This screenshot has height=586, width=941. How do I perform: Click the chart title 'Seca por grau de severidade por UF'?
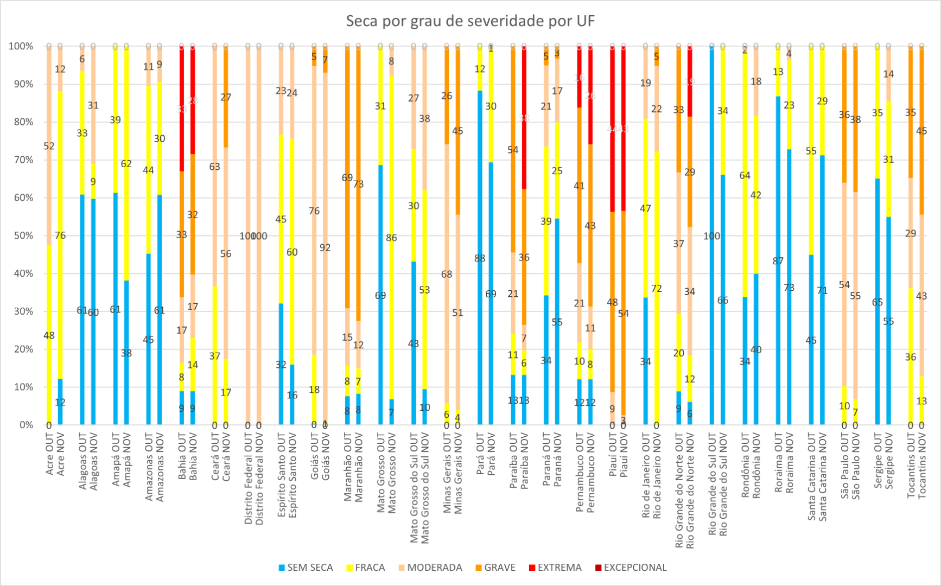[470, 21]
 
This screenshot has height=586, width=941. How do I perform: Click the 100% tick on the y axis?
[21, 46]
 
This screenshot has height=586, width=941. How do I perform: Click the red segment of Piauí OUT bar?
[613, 109]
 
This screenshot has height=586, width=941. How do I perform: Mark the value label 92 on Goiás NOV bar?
[325, 247]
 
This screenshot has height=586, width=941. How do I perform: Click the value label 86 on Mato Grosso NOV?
[391, 238]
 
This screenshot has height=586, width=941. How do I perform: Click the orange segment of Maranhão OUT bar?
[347, 109]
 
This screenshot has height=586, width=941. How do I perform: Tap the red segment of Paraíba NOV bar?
[524, 98]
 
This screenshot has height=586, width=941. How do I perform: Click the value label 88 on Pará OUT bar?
[480, 258]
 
